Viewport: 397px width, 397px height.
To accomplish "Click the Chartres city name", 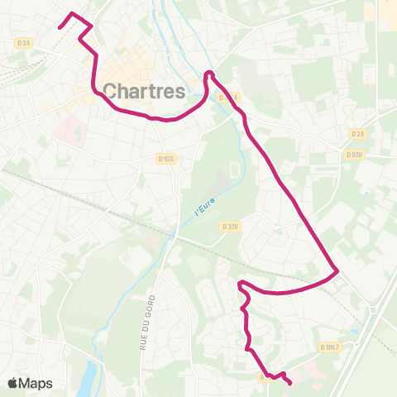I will coord(144,91).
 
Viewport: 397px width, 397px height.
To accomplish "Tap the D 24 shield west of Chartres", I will coord(22,42).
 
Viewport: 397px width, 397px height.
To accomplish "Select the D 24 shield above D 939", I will coord(357,134).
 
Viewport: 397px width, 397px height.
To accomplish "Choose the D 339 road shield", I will coord(229,225).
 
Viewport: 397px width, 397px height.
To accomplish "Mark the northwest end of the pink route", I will coord(60,27).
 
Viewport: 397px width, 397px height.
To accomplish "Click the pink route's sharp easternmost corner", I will coord(338,270).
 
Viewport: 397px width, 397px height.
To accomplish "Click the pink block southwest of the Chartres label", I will coord(71,131).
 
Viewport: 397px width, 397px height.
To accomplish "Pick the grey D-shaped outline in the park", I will coord(234,170).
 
